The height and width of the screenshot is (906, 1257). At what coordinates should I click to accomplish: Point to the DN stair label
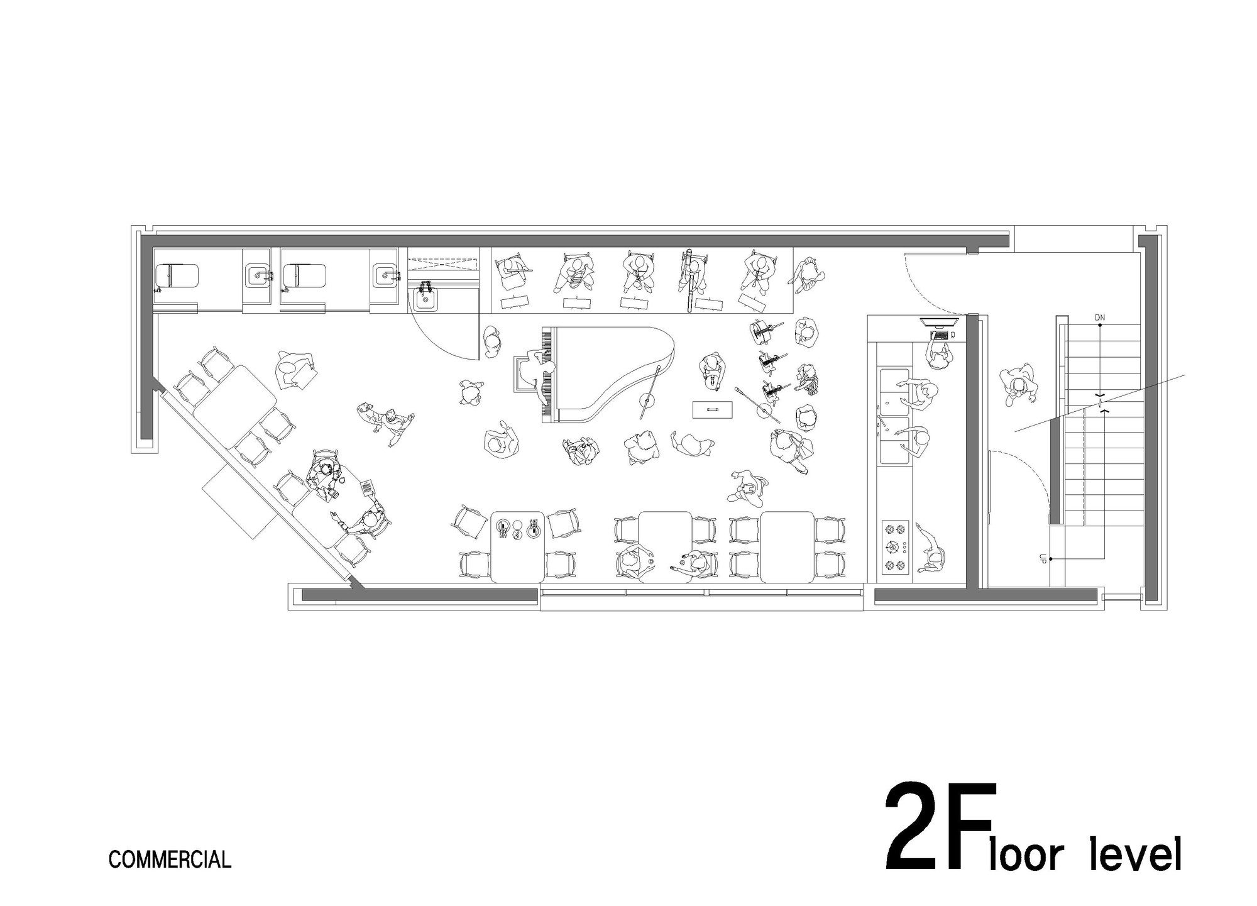point(1099,318)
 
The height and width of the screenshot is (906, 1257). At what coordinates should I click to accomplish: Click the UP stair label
point(1043,559)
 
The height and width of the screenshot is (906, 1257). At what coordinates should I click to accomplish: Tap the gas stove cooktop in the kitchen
point(894,547)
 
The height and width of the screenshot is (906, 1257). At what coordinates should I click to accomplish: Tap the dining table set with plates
point(517,545)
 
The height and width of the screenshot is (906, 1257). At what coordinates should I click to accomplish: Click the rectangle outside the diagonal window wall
point(239,502)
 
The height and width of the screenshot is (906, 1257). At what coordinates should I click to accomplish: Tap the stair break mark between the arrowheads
point(1100,402)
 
